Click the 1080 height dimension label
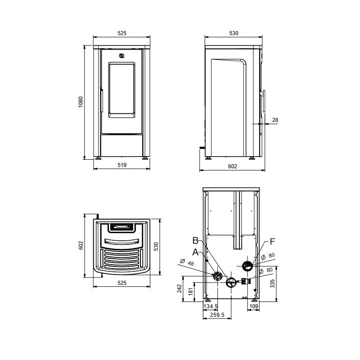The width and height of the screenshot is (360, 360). click(x=81, y=102)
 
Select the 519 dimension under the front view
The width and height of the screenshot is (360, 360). click(x=122, y=165)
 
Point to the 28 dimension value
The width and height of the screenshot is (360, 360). click(x=275, y=120)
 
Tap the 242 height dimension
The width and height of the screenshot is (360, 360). click(x=179, y=288)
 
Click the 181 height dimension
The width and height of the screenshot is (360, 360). click(x=191, y=292)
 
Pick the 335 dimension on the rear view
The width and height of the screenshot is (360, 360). click(x=273, y=283)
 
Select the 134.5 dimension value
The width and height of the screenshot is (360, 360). click(x=211, y=306)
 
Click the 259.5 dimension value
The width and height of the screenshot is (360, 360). click(x=217, y=315)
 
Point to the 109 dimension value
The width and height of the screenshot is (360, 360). click(x=254, y=306)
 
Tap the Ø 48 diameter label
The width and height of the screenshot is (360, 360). click(x=187, y=262)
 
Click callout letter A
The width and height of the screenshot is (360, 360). click(x=195, y=252)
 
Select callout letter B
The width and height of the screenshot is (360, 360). click(x=195, y=241)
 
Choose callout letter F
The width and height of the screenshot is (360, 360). click(x=272, y=242)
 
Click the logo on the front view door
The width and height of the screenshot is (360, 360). click(x=121, y=56)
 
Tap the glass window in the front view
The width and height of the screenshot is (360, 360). click(x=121, y=90)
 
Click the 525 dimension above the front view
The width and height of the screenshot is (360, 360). click(x=122, y=33)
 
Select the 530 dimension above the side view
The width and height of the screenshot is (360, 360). click(x=234, y=33)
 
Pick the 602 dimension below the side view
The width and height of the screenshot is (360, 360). click(x=232, y=166)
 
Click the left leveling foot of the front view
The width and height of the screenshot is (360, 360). click(x=99, y=158)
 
